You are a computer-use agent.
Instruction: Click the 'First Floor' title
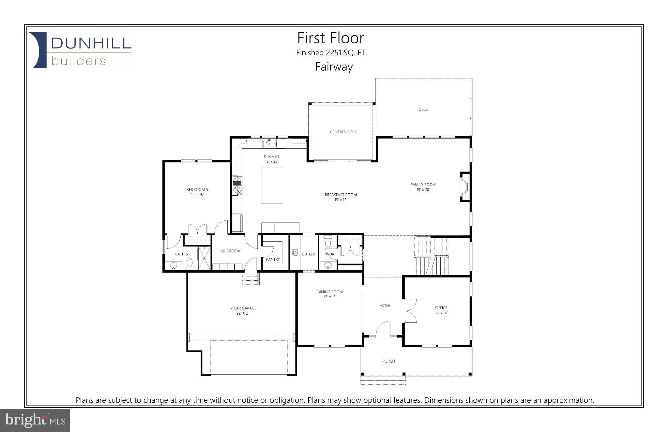[330, 38]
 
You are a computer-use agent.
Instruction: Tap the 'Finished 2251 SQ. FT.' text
[331, 53]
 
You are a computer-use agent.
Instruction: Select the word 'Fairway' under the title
[334, 67]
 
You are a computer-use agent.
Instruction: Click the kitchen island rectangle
[272, 186]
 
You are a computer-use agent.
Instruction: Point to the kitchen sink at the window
[269, 143]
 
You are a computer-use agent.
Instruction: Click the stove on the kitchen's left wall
[237, 185]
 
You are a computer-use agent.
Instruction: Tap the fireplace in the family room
[464, 187]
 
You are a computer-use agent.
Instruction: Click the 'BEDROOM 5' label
[197, 190]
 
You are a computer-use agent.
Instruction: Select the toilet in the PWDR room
[328, 242]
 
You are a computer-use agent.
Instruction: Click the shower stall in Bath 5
[205, 258]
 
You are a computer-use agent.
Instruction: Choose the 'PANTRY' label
[273, 260]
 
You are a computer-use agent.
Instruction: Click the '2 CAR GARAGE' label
[243, 308]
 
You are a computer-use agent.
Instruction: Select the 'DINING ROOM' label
[330, 292]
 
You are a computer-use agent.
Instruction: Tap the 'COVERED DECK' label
[343, 132]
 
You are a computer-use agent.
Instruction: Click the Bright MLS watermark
[35, 420]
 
